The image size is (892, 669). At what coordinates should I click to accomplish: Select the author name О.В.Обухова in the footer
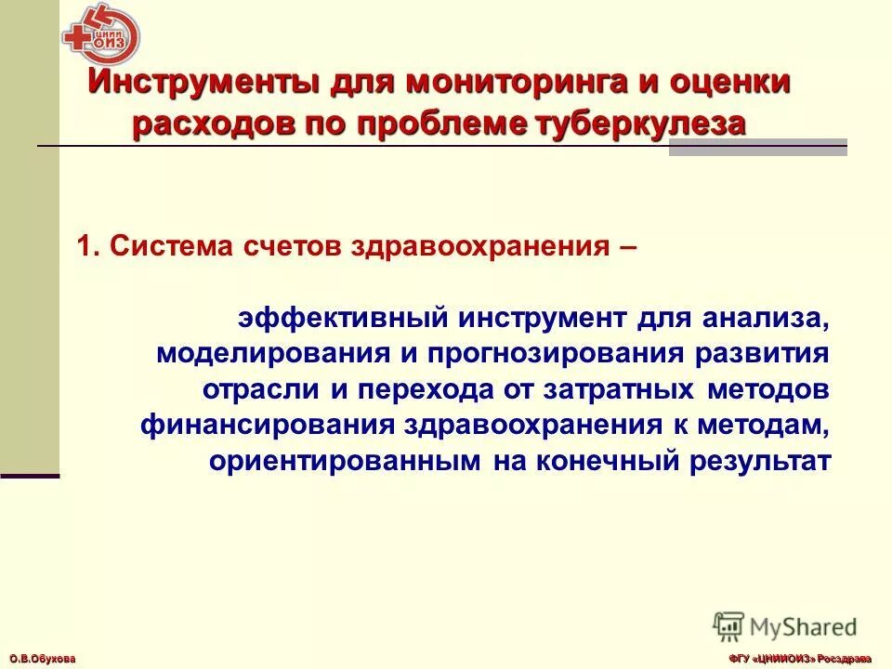(38, 658)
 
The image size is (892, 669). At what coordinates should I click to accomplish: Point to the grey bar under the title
(757, 151)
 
